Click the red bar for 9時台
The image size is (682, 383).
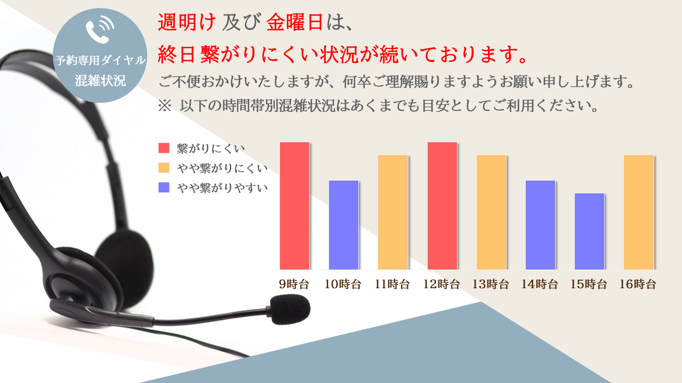(x=294, y=206)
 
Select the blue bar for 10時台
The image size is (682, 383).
(x=343, y=225)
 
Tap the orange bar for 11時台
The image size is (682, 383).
(x=393, y=212)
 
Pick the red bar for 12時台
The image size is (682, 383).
(x=442, y=206)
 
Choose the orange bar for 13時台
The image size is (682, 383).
(x=491, y=212)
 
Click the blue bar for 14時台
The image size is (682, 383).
(x=540, y=225)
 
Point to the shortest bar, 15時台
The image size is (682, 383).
(x=589, y=231)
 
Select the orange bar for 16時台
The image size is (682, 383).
(x=638, y=212)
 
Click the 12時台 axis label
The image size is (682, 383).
(x=442, y=284)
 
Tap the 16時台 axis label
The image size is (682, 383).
(x=638, y=284)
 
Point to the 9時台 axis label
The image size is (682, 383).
(x=294, y=284)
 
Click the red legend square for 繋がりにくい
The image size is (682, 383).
(x=164, y=148)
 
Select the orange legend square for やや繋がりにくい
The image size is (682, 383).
(x=164, y=168)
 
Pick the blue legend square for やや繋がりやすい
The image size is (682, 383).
(x=164, y=187)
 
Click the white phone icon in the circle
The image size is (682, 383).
(x=100, y=29)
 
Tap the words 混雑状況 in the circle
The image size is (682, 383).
(x=100, y=80)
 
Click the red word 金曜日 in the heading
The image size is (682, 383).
(x=295, y=22)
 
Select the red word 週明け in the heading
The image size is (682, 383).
(x=187, y=22)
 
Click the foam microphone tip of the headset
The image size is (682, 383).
(x=290, y=309)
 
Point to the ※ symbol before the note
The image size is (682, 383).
(x=165, y=106)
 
